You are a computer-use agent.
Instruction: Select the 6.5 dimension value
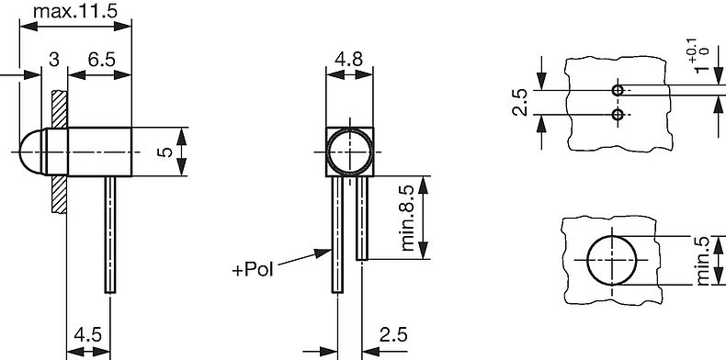pyautogui.click(x=100, y=60)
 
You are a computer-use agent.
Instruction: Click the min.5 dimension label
pyautogui.click(x=703, y=262)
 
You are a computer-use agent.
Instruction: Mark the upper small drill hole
pyautogui.click(x=618, y=90)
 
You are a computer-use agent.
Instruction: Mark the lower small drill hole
pyautogui.click(x=618, y=115)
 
